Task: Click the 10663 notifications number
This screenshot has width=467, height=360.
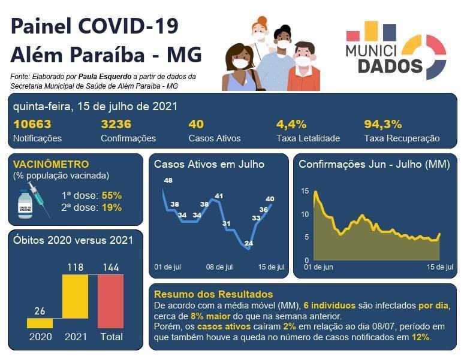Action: point(32,125)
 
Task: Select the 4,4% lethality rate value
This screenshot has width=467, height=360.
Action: point(291,125)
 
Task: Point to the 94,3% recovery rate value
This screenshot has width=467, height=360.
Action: point(382,125)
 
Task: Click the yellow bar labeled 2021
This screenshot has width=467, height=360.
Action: point(75,296)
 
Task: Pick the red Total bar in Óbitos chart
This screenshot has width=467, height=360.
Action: point(110,301)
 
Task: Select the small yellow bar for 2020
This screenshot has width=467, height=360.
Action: point(40,323)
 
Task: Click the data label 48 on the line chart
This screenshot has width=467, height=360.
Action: point(168,180)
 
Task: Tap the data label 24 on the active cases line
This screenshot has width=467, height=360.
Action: point(249,243)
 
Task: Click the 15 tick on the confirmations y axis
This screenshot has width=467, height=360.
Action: point(305,191)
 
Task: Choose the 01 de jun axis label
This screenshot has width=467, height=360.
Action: point(318,267)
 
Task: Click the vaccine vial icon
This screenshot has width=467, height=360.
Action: point(25,204)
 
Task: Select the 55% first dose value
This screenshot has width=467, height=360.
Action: point(112,195)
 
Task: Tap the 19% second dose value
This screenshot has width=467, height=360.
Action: point(112,208)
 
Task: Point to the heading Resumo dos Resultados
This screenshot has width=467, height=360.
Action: point(213,294)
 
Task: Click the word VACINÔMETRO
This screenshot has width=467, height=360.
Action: point(51,164)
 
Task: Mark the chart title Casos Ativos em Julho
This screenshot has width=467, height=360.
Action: point(209,164)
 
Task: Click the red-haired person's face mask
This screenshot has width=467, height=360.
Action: point(259,36)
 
